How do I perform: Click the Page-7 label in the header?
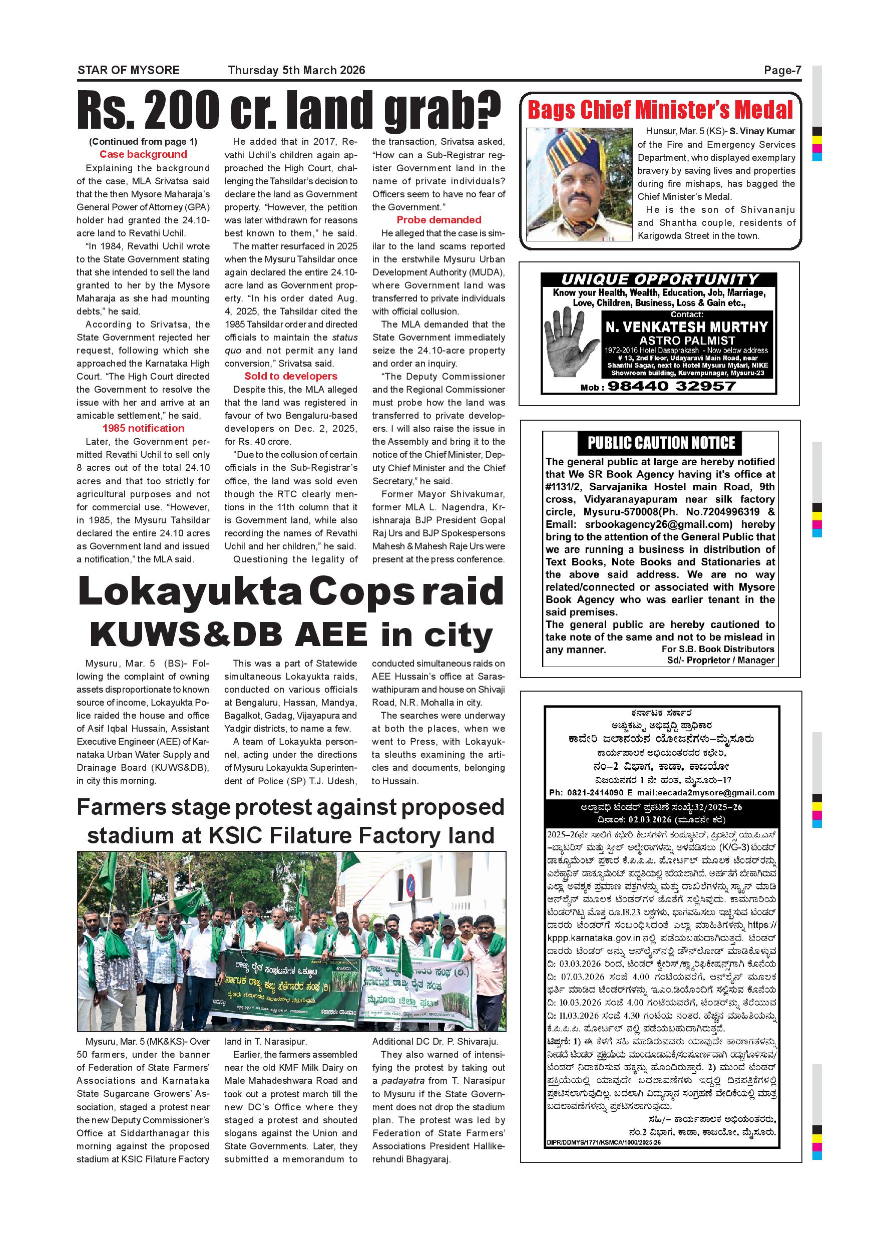782,70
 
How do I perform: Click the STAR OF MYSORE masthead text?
129,70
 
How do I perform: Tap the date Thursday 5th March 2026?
296,70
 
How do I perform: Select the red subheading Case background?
143,155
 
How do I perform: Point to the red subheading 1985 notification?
143,428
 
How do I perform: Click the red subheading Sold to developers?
291,377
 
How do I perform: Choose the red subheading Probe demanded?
438,220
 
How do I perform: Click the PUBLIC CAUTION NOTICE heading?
661,443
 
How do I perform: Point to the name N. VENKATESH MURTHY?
687,327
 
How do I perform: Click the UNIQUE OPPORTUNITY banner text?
660,279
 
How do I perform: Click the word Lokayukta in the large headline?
189,592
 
